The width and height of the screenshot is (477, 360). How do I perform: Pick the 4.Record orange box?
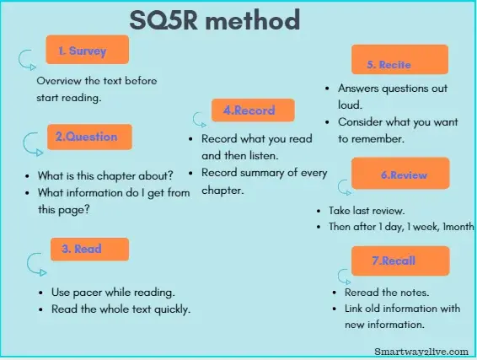pyautogui.click(x=249, y=110)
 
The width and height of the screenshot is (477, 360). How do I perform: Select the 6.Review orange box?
pyautogui.click(x=400, y=175)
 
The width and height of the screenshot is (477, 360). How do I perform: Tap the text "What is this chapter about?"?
pyautogui.click(x=105, y=176)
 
